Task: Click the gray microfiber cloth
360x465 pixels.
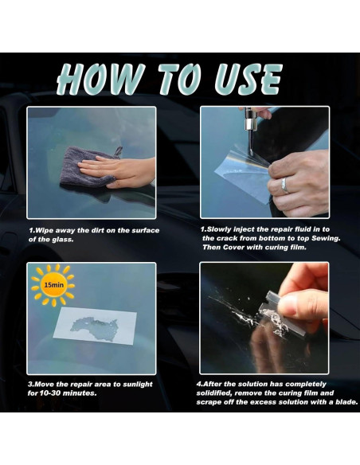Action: coord(89,167)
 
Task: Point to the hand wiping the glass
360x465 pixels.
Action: coord(119,172)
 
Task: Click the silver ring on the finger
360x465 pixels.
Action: coord(284,186)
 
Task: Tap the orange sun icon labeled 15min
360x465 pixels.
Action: coord(53,285)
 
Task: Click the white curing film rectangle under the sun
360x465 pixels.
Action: coord(95,326)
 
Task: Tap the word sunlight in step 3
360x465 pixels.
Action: coord(138,385)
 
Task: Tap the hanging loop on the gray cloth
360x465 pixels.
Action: coord(119,151)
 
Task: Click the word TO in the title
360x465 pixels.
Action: coord(180,79)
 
